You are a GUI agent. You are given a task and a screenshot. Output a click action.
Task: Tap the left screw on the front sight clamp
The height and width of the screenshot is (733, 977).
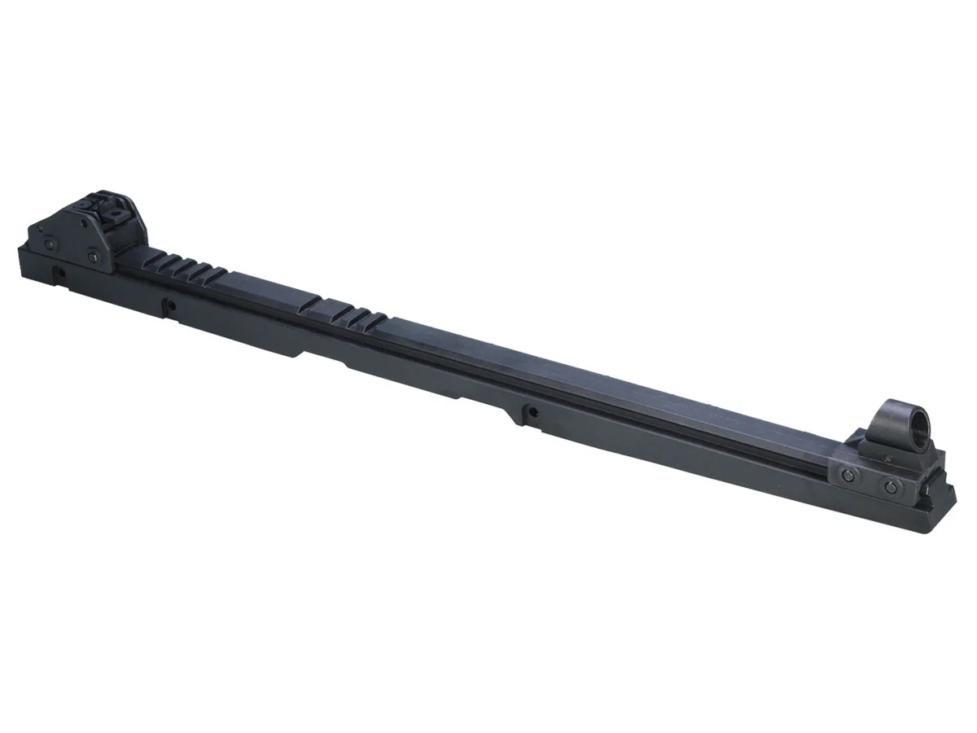point(849,476)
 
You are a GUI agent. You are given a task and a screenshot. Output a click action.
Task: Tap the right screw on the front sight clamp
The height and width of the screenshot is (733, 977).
point(891,487)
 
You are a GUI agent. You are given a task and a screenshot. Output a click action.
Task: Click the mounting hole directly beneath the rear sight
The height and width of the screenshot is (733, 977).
point(59,270)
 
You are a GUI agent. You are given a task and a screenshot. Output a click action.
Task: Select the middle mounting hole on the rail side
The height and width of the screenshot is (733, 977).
point(170,307)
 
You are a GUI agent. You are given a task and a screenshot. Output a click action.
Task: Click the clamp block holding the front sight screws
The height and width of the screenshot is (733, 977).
point(870,481)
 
